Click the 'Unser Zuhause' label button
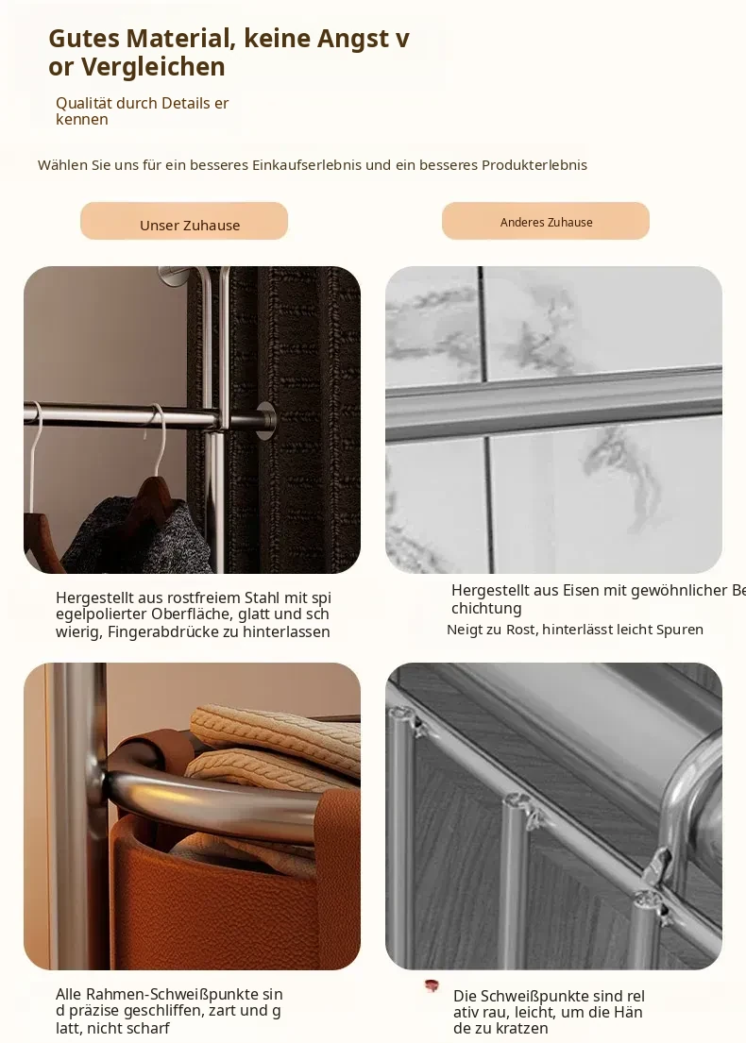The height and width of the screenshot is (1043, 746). point(184,221)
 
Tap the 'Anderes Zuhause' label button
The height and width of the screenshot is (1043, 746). point(546,221)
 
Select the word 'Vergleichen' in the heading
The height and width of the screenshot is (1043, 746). point(154,66)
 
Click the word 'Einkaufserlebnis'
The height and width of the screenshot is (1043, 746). point(306,165)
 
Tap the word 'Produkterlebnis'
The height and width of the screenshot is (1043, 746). point(534,165)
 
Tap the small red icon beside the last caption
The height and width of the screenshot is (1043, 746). point(432,985)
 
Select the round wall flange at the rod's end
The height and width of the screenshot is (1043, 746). point(267,421)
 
